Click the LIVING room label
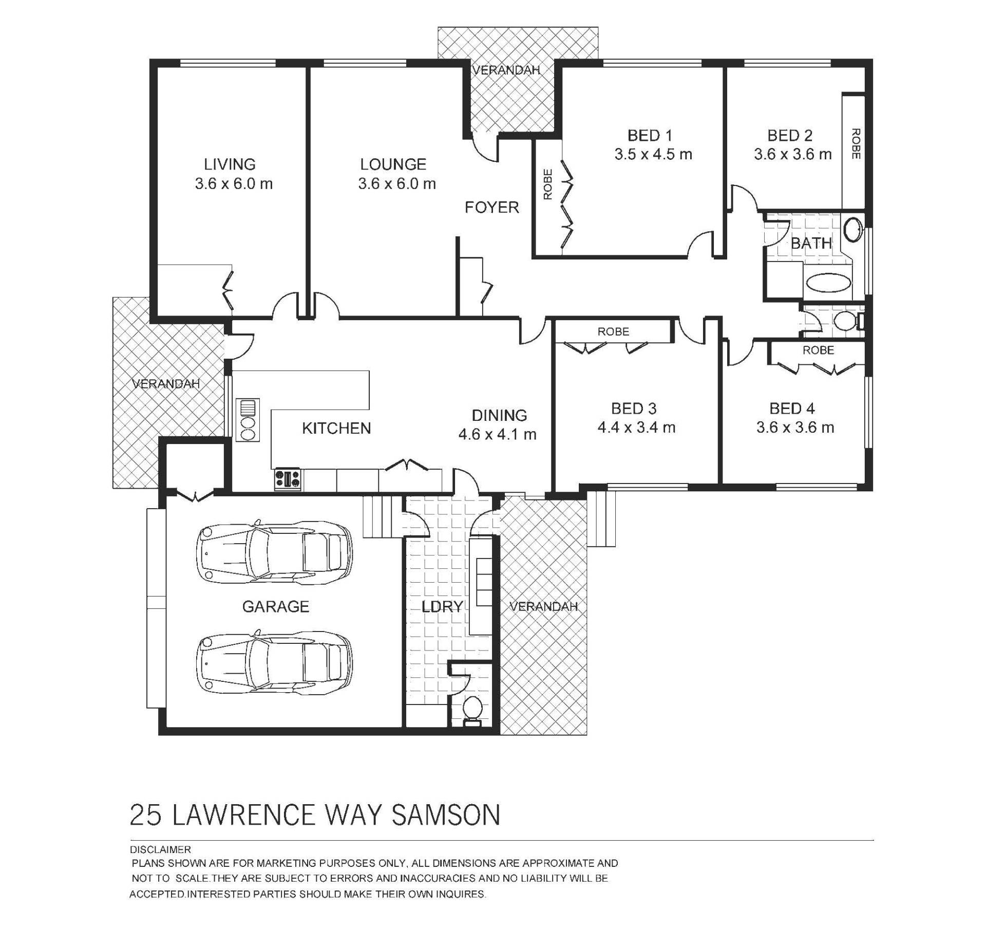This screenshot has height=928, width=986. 230,164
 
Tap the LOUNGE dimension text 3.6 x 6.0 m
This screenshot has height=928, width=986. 397,183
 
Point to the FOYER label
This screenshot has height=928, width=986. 491,207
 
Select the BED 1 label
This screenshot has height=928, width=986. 650,136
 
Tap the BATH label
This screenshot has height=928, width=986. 811,243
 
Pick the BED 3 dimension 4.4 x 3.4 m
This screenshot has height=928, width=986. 636,427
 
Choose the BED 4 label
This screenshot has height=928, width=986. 792,409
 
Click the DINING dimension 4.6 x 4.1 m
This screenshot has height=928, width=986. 497,434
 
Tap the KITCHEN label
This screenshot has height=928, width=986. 336,428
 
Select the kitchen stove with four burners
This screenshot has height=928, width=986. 288,479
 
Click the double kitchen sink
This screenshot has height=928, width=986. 248,419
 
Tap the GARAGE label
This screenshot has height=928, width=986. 275,607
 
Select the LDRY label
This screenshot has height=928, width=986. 442,607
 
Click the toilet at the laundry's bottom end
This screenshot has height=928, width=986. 472,711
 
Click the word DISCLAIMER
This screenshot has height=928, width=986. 160,849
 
